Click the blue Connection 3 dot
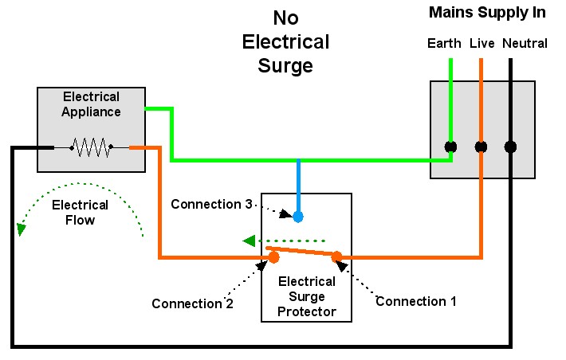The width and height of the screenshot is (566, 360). (x=298, y=216)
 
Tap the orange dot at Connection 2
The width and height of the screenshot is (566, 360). (x=273, y=256)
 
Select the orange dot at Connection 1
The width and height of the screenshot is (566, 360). (x=336, y=256)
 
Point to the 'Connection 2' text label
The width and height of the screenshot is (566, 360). (x=192, y=303)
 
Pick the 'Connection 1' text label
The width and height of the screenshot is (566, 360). (x=416, y=301)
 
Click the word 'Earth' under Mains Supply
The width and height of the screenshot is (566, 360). (x=444, y=43)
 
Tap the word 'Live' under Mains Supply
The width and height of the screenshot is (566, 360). (x=481, y=43)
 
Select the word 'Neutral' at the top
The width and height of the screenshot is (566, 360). (x=525, y=43)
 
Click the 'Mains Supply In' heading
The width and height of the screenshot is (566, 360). (x=487, y=12)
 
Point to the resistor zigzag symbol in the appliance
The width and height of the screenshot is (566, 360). (x=90, y=147)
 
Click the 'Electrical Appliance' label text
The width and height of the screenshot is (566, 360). (x=91, y=104)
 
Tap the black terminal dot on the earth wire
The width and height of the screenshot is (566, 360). (x=450, y=147)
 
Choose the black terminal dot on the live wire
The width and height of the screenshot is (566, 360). (x=481, y=147)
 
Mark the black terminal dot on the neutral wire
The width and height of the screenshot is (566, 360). (x=511, y=147)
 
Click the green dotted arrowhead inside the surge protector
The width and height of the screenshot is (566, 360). (x=249, y=241)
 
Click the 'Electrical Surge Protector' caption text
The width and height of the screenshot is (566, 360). (x=306, y=295)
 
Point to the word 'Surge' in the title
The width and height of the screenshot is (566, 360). (x=285, y=65)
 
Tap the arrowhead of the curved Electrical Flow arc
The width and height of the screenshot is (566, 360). (x=21, y=229)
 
